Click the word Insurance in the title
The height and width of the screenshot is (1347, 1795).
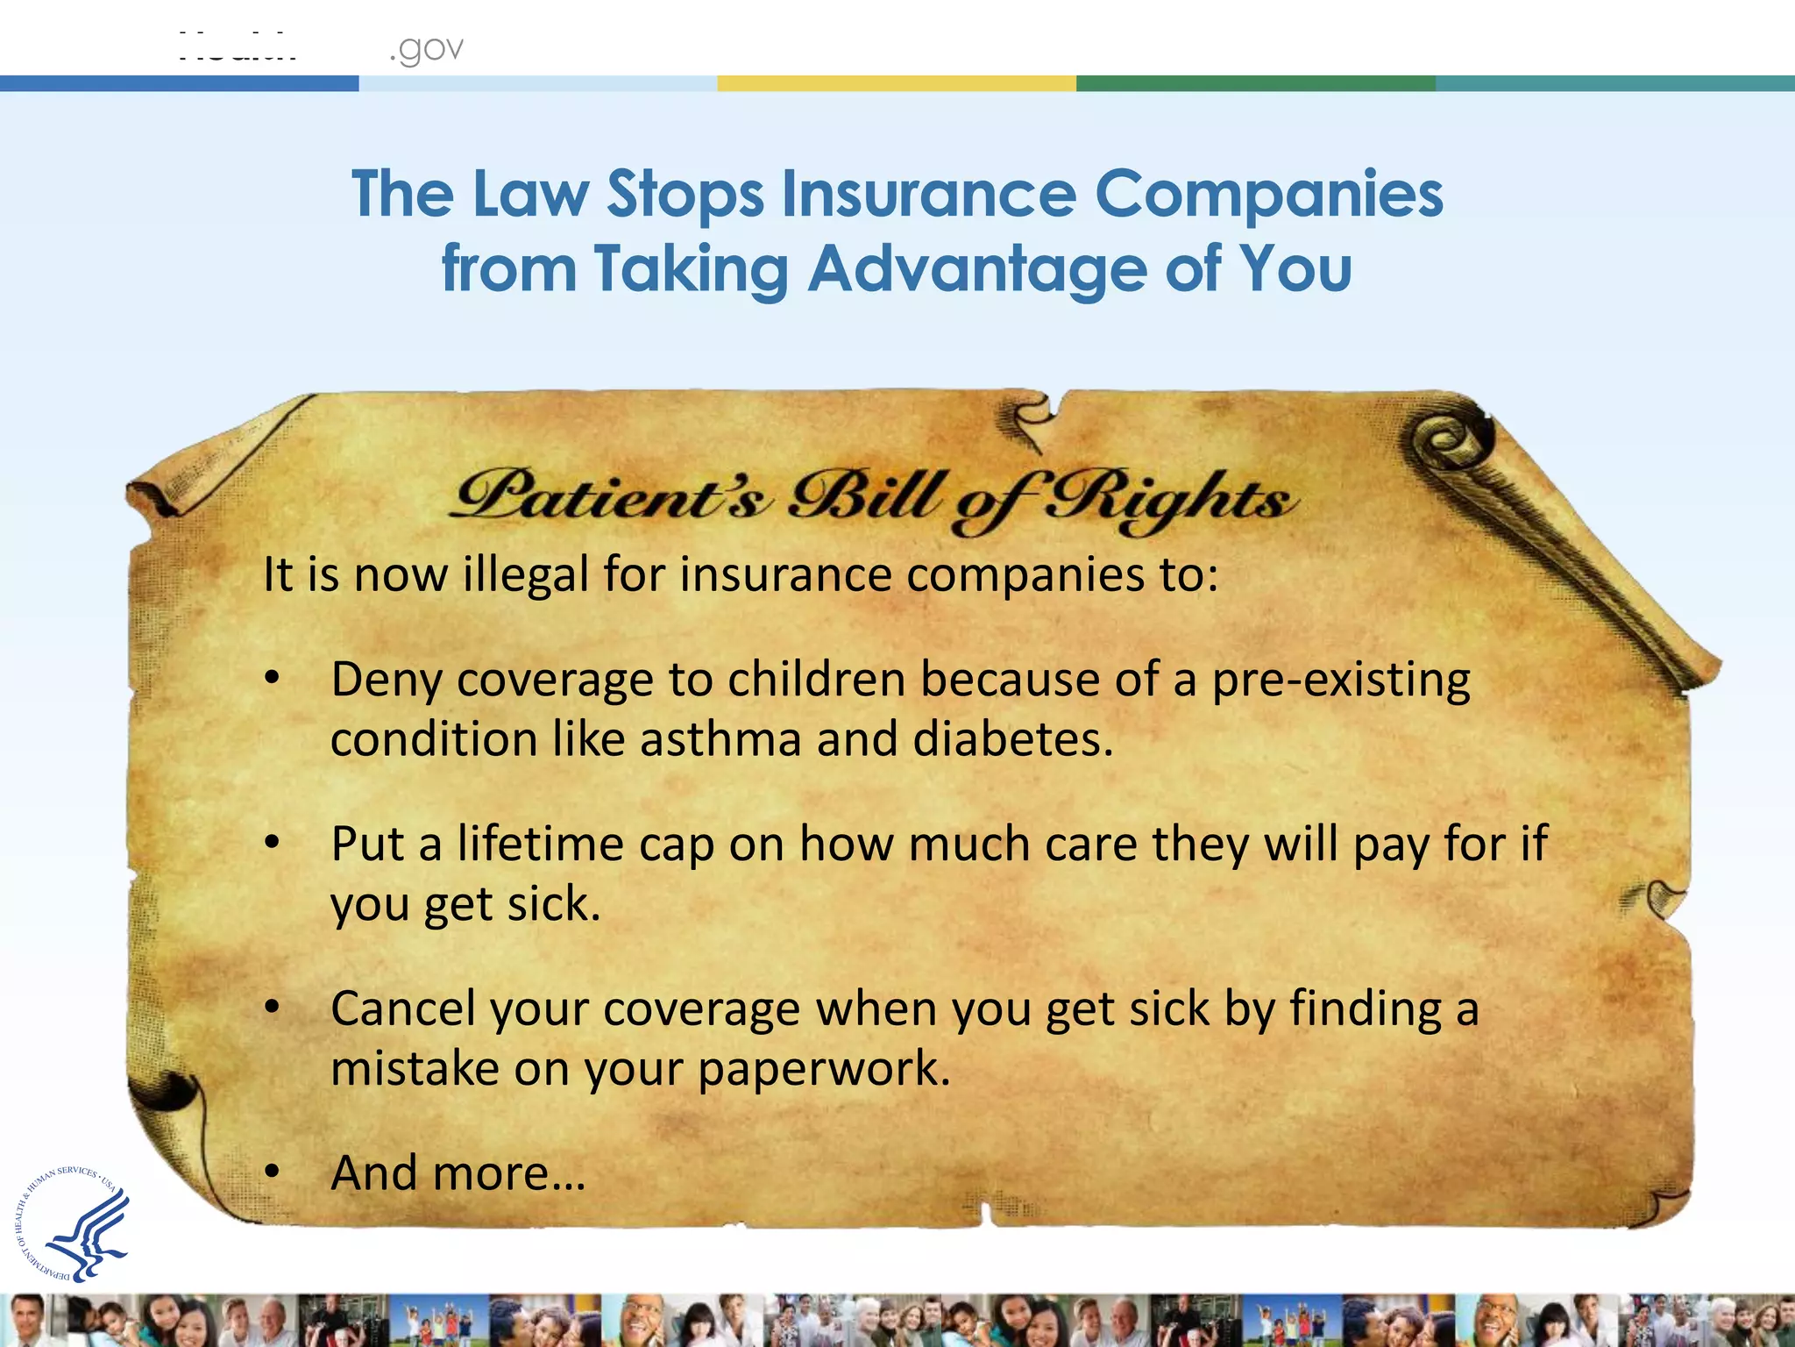pos(928,194)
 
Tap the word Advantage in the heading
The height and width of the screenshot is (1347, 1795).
pos(976,268)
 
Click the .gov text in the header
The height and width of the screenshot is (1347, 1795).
pos(426,49)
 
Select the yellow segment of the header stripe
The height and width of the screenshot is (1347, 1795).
pos(896,83)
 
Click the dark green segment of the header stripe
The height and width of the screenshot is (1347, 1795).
pos(1255,83)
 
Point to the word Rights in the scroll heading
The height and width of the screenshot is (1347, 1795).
pos(1170,498)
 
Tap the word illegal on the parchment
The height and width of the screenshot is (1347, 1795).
pos(525,575)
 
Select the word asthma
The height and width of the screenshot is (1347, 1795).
pos(720,739)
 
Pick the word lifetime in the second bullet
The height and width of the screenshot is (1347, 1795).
pos(540,844)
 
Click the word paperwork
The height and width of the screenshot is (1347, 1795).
pos(824,1069)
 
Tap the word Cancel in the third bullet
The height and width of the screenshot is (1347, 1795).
pos(403,1008)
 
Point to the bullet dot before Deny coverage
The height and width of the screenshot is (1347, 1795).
pos(273,678)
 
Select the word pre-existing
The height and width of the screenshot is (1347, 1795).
pos(1340,681)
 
